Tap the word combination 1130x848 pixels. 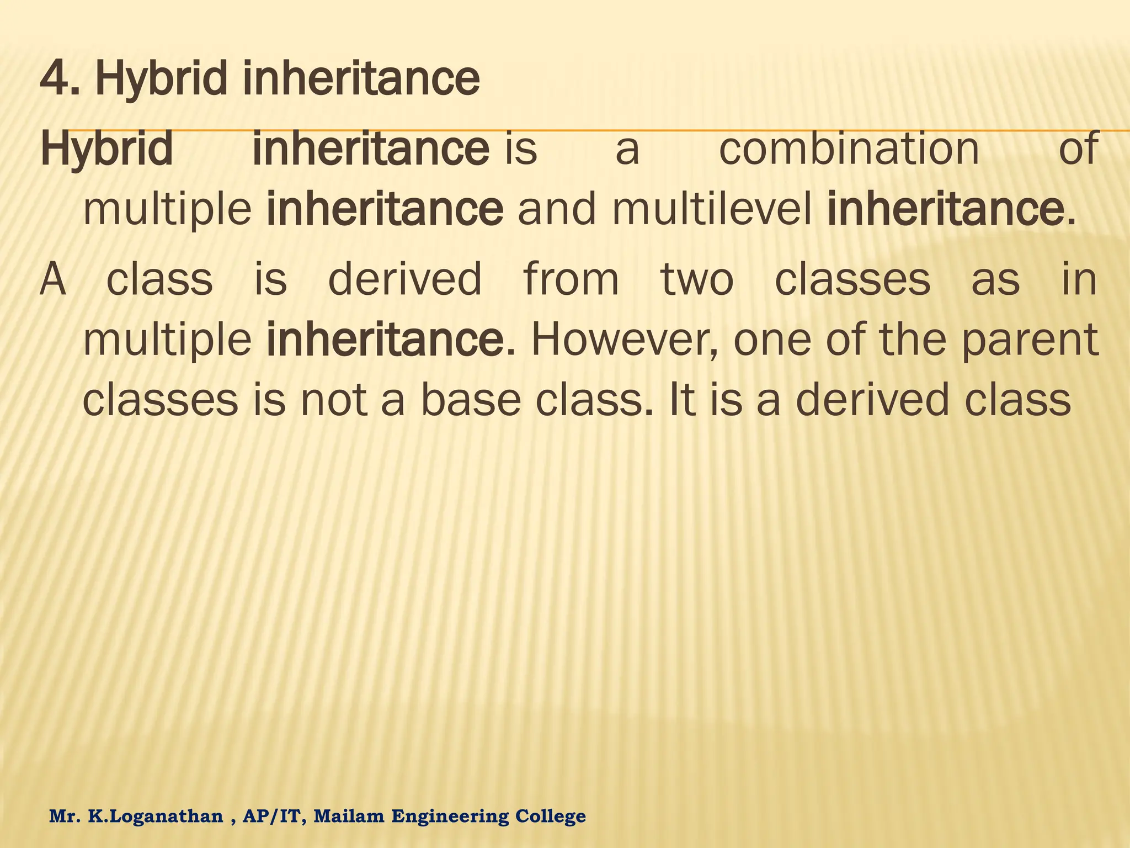point(849,149)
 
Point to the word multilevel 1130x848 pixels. point(712,210)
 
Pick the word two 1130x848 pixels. point(697,279)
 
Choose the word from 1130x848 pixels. point(571,279)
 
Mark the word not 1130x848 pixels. point(334,400)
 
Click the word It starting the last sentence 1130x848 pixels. point(679,400)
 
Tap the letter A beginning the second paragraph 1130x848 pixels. point(54,279)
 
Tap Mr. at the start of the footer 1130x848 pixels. point(65,816)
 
